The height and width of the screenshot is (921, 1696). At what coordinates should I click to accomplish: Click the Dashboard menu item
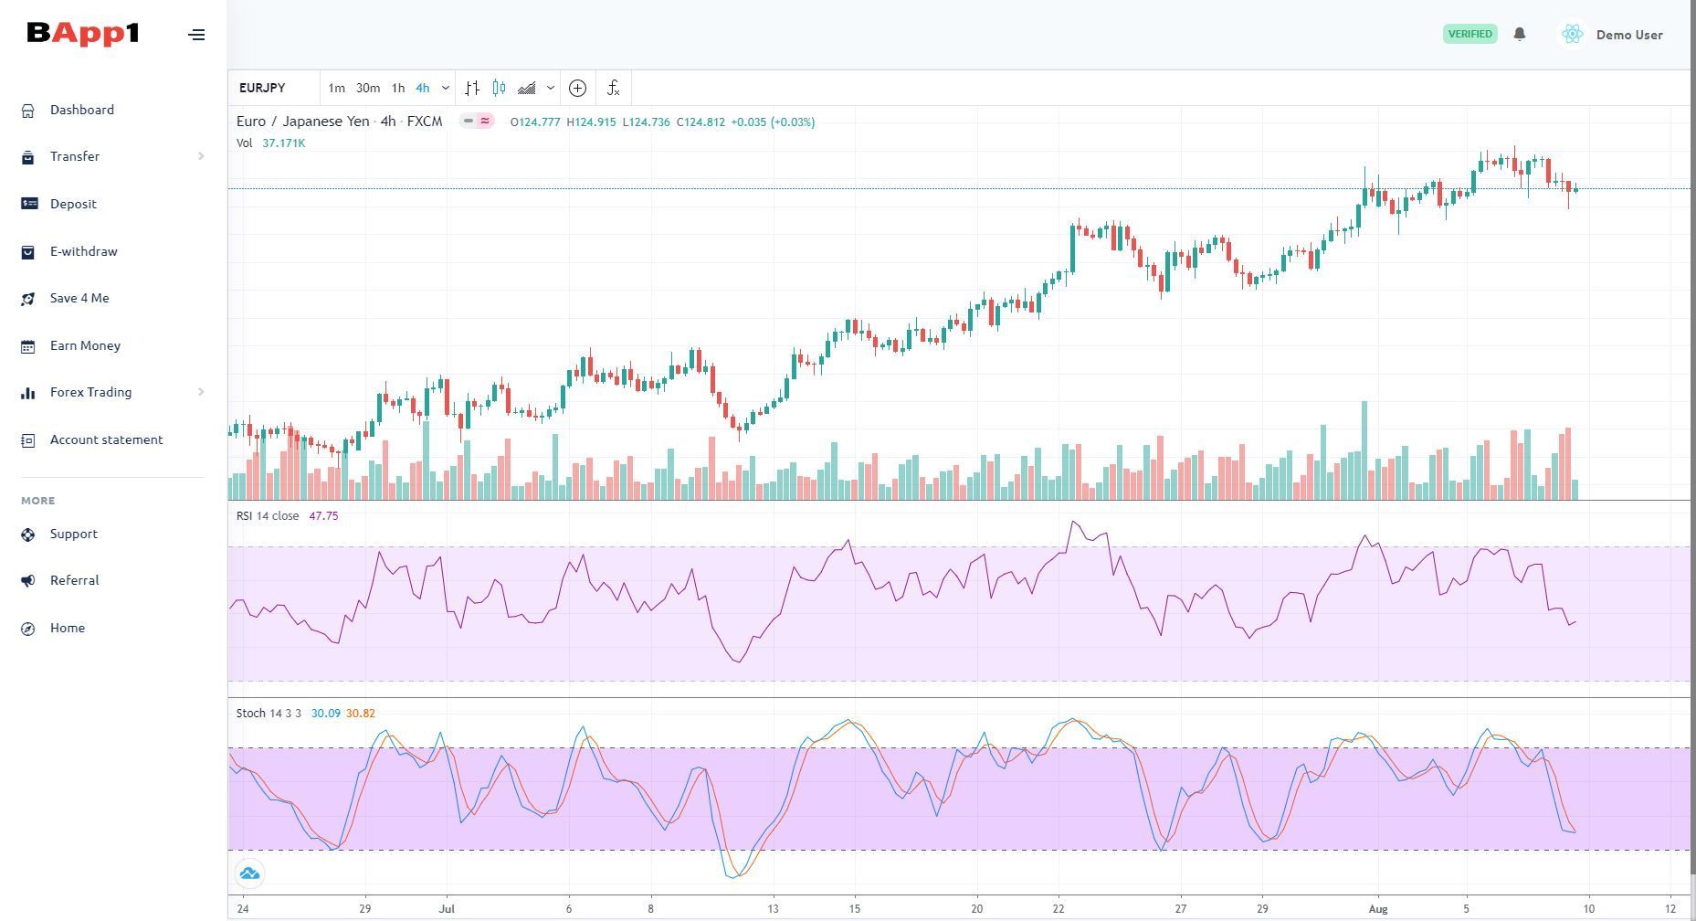pos(81,110)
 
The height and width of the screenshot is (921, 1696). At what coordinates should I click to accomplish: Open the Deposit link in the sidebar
pos(73,204)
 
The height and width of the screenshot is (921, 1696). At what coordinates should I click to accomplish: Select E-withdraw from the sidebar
pos(83,251)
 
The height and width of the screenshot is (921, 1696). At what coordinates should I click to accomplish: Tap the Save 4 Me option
pos(79,298)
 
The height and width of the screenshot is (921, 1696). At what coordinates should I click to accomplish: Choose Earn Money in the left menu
pos(85,345)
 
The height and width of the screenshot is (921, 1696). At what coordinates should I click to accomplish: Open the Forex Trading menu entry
pos(90,392)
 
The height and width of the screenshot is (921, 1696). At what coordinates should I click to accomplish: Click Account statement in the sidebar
pos(106,439)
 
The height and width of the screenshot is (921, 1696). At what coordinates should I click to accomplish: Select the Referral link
pos(74,580)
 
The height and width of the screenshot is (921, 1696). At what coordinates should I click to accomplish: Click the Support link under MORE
pos(73,534)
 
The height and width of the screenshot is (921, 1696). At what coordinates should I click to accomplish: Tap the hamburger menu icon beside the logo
pos(196,35)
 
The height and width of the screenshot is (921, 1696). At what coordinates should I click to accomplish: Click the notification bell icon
pos(1520,34)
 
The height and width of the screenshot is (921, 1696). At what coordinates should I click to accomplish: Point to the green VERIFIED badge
pos(1470,34)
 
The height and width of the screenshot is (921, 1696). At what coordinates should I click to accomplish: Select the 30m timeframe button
pos(368,88)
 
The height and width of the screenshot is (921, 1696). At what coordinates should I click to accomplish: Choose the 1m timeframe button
pos(336,88)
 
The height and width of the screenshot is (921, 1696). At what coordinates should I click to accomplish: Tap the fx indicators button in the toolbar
pos(613,88)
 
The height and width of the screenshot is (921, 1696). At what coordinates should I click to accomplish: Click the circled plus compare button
pos(577,88)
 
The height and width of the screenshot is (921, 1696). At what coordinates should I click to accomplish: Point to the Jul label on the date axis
pos(447,908)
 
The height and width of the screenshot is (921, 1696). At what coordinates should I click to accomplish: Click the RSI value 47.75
pos(323,516)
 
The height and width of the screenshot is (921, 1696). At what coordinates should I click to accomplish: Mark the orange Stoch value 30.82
pos(361,714)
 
